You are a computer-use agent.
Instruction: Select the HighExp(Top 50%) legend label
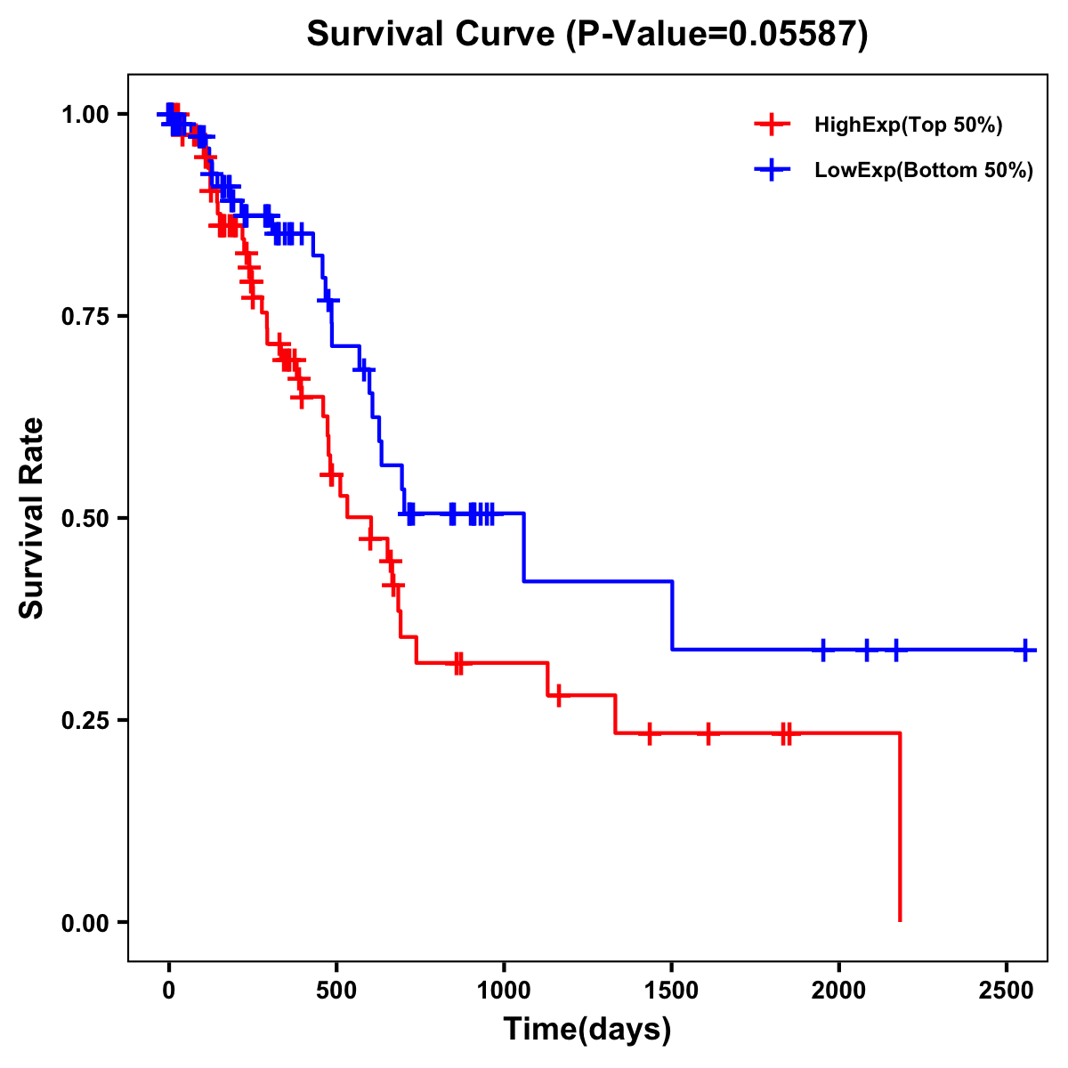(x=909, y=125)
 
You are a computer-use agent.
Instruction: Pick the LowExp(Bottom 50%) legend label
(x=924, y=171)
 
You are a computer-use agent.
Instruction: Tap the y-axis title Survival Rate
(x=32, y=518)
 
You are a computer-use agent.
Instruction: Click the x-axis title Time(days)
(x=587, y=1030)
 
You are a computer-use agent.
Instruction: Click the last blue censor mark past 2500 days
(x=1025, y=650)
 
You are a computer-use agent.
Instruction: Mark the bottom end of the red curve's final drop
(x=900, y=920)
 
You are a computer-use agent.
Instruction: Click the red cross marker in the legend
(x=773, y=125)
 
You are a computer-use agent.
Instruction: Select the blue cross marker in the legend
(x=773, y=170)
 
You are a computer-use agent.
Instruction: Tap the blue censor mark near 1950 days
(x=822, y=650)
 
